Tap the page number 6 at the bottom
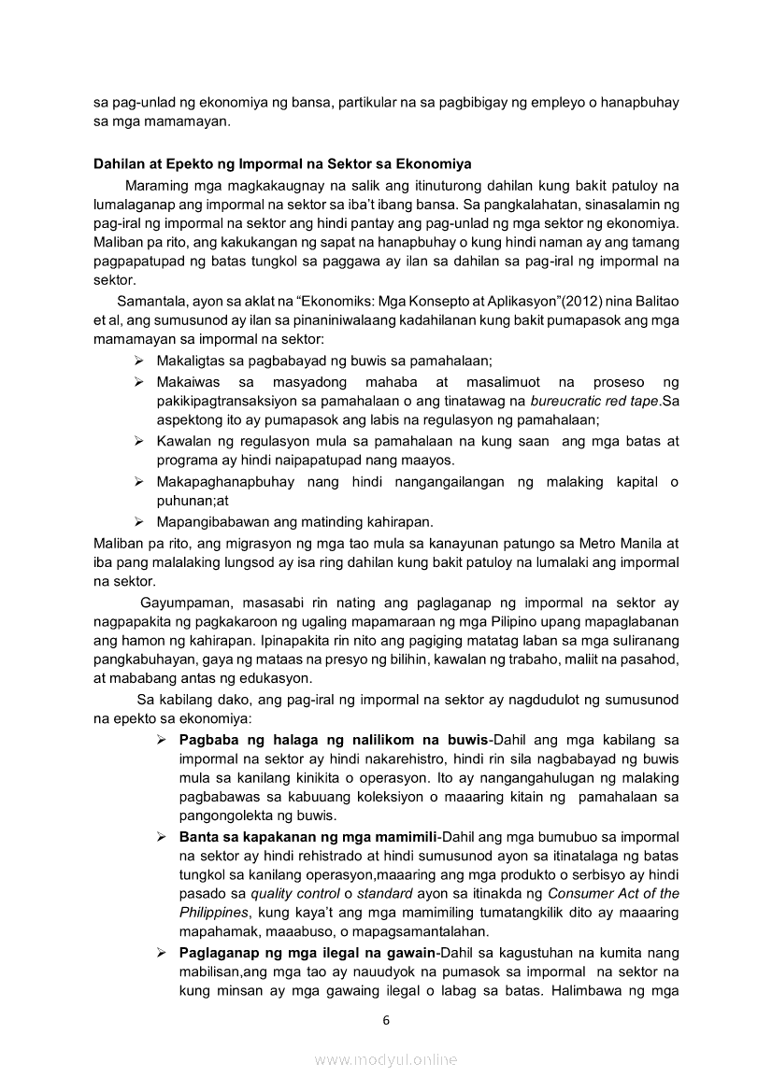tap(386, 1020)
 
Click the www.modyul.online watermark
tap(386, 1059)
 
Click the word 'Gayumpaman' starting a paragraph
tap(179, 603)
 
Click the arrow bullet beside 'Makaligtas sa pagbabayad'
tap(138, 360)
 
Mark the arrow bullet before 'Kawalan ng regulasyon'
tap(138, 440)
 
